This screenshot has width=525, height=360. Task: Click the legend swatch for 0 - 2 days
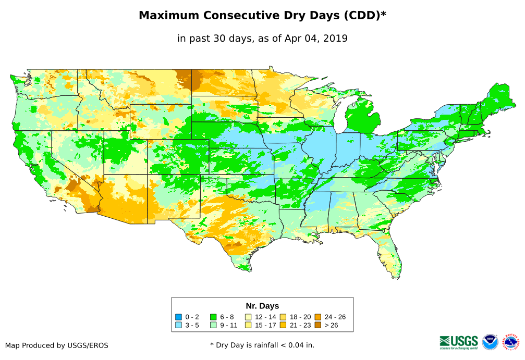click(179, 317)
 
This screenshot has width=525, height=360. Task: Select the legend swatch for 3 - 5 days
click(179, 325)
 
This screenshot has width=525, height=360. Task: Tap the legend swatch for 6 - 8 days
click(213, 317)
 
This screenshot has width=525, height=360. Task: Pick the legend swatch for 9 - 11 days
click(213, 325)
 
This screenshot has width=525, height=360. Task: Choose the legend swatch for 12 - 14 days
click(248, 317)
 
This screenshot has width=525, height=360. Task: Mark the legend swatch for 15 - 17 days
click(248, 325)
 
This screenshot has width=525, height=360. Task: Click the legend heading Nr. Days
click(262, 306)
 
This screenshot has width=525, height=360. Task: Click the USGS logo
click(459, 341)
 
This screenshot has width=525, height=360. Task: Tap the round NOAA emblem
click(490, 342)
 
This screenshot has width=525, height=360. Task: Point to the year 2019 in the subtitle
click(335, 39)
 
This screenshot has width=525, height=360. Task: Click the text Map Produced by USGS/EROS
click(57, 345)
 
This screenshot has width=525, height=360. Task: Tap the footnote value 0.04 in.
click(299, 345)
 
